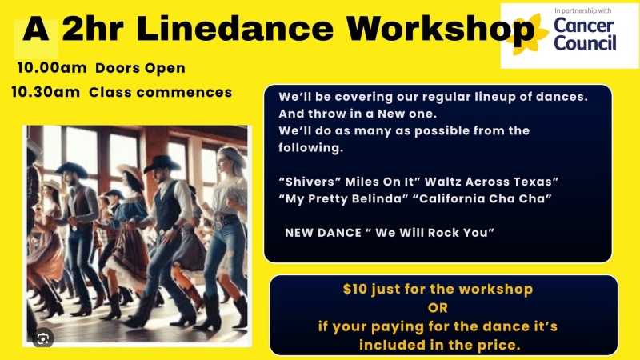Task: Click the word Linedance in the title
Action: (234, 29)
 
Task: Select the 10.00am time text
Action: (52, 68)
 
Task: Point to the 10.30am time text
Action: (46, 92)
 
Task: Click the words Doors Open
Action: (141, 69)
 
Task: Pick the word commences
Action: (184, 92)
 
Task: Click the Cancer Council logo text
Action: (585, 34)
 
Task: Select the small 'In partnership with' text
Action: (583, 10)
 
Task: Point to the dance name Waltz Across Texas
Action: (491, 182)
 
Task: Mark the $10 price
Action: (355, 289)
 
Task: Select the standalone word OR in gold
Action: (438, 308)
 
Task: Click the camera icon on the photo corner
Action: (43, 338)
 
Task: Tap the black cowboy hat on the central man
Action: (162, 163)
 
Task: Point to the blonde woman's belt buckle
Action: (219, 223)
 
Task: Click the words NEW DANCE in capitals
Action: (323, 233)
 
